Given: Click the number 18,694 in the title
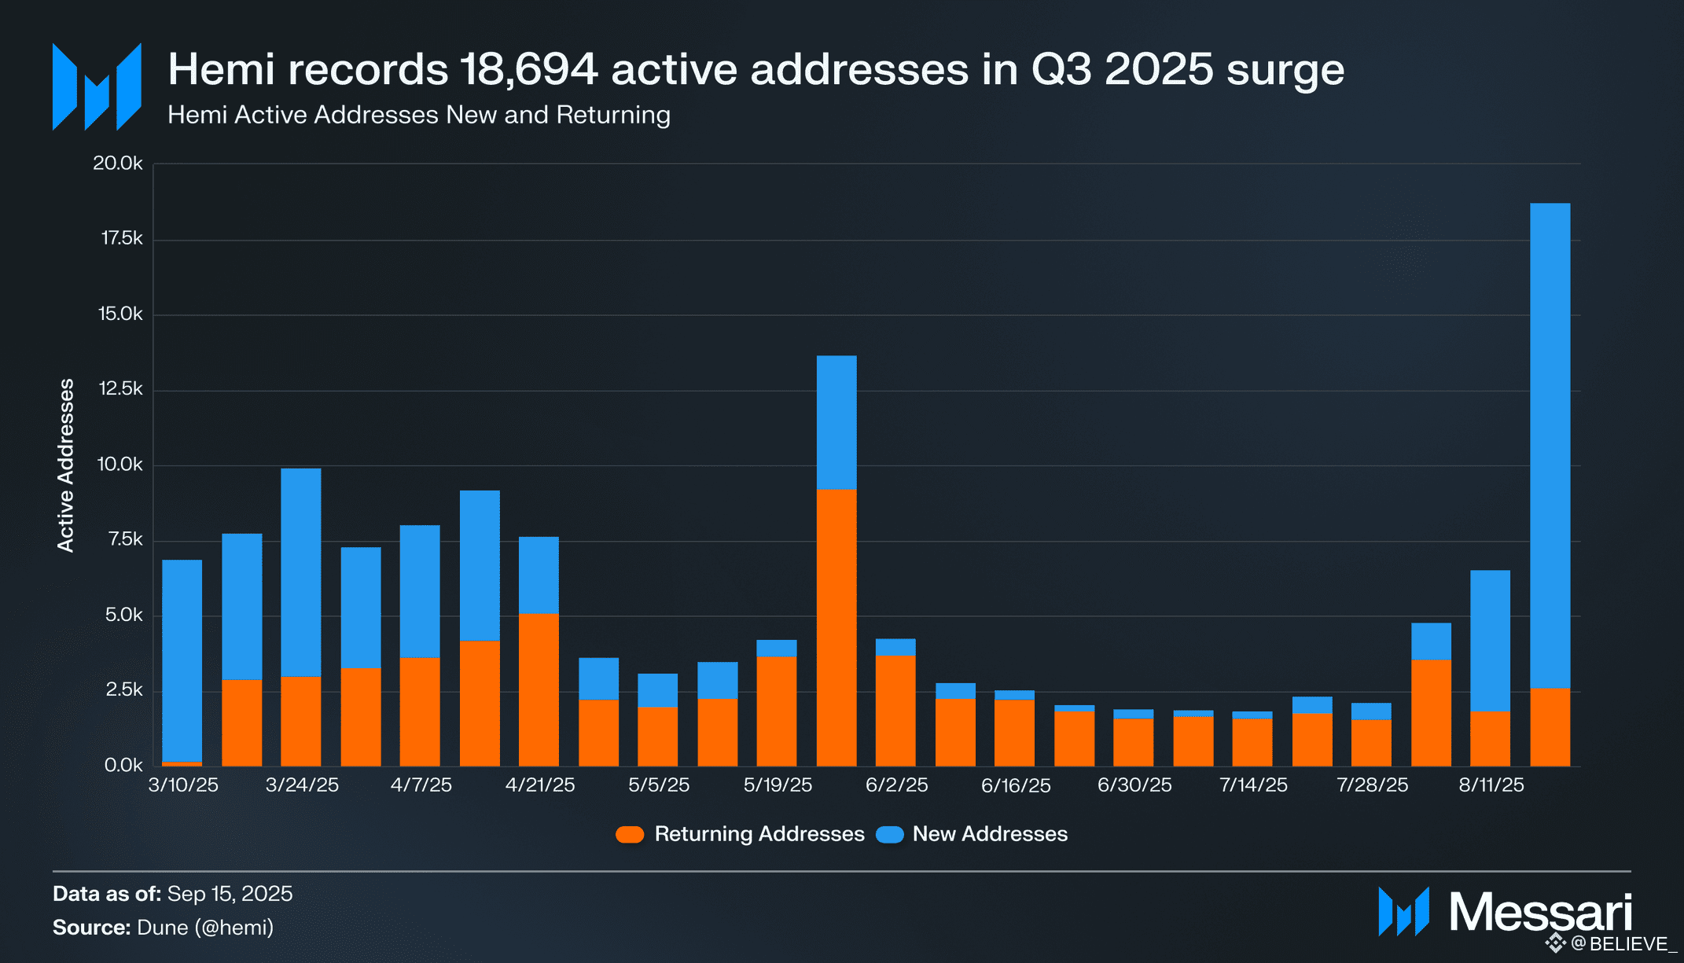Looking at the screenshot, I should (x=528, y=69).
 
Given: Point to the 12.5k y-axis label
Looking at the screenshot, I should (x=120, y=388).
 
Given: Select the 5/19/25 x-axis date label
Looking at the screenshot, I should (x=778, y=785).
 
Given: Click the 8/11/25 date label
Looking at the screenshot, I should (x=1491, y=785).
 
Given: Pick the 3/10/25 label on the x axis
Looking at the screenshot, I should (x=183, y=785).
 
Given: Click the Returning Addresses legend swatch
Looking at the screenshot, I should (x=630, y=834).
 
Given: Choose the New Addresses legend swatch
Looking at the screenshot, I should (x=890, y=834).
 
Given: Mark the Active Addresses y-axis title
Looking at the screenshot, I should (x=66, y=465).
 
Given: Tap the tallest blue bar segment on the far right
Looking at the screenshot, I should (x=1550, y=445).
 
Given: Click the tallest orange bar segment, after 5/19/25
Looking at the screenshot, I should (x=836, y=627).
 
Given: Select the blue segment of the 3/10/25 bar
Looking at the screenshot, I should (x=182, y=660).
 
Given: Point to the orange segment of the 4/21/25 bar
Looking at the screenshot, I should (x=539, y=689).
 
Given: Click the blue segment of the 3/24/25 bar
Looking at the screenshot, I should (x=301, y=572).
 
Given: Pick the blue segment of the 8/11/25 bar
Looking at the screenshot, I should (x=1490, y=641).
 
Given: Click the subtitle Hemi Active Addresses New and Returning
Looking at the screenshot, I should (x=418, y=115).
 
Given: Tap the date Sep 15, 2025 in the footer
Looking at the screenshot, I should (x=230, y=894).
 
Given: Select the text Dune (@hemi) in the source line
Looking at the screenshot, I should (x=205, y=928).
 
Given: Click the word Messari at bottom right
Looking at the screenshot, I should (x=1540, y=912).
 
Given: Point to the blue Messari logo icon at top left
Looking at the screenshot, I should (x=97, y=86).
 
